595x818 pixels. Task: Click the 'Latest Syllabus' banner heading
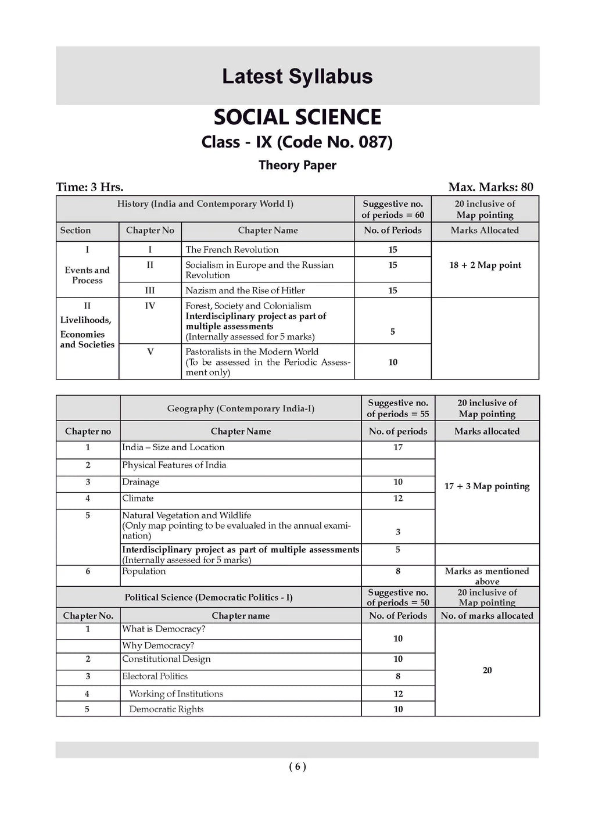(297, 77)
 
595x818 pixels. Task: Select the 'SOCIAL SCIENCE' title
(297, 117)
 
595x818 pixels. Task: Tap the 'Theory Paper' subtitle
(297, 165)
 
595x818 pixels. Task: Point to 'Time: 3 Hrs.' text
(89, 187)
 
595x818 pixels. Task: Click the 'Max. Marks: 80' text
(490, 187)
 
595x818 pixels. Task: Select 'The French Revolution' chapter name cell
(232, 250)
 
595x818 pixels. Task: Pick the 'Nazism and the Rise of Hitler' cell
(245, 290)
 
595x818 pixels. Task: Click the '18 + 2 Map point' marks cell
(485, 265)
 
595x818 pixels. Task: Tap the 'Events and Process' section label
(87, 275)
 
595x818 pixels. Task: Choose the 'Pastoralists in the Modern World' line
(252, 351)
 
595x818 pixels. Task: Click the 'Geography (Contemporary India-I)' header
(241, 408)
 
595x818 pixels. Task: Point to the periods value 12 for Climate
(398, 498)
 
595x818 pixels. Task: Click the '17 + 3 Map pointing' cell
(487, 486)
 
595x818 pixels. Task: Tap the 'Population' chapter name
(144, 572)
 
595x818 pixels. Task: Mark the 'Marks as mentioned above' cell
(487, 576)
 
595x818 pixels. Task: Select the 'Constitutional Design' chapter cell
(166, 659)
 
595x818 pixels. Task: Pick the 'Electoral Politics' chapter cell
(155, 676)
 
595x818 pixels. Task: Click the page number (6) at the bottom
(297, 767)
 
